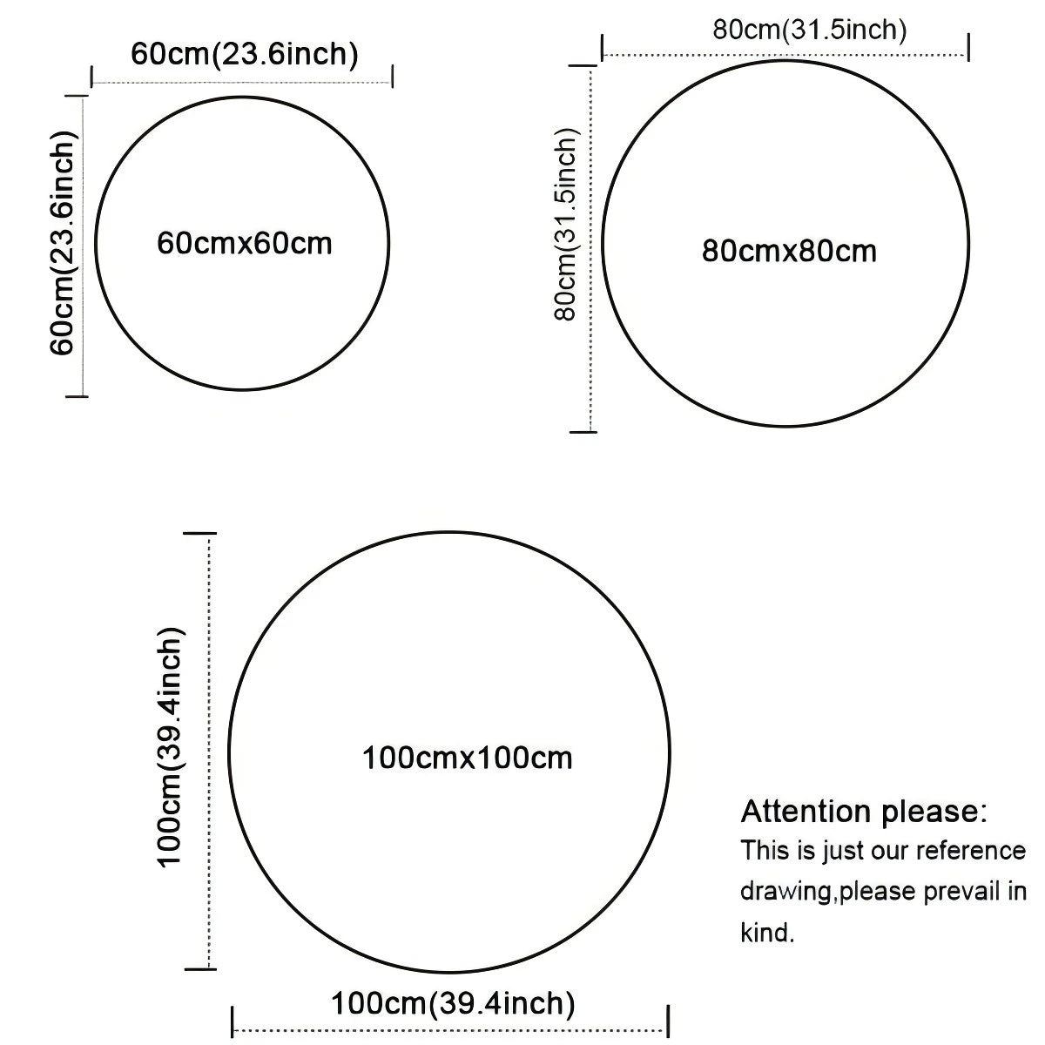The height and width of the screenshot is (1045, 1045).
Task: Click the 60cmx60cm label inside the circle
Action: click(x=245, y=243)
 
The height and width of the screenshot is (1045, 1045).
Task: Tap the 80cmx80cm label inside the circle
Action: click(x=789, y=251)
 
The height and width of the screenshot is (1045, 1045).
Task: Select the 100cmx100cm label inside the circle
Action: click(x=467, y=758)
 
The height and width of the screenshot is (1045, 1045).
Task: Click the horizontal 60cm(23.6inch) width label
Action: click(x=245, y=54)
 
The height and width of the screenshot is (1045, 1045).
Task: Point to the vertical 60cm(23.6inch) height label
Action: click(x=63, y=243)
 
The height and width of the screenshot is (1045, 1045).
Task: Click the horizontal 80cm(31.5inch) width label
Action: click(x=810, y=30)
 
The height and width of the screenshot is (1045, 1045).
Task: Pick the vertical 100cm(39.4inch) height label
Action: click(x=171, y=748)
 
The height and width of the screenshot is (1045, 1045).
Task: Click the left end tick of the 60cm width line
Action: click(x=92, y=77)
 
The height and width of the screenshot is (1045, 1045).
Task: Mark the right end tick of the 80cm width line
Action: click(x=968, y=47)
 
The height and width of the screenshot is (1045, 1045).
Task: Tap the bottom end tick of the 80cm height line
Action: click(x=583, y=432)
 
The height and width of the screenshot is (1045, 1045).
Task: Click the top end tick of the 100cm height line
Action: click(x=200, y=533)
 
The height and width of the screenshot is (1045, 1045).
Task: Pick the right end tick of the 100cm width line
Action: click(x=668, y=1021)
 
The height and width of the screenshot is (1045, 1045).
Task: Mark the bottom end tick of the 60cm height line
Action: click(x=77, y=396)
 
